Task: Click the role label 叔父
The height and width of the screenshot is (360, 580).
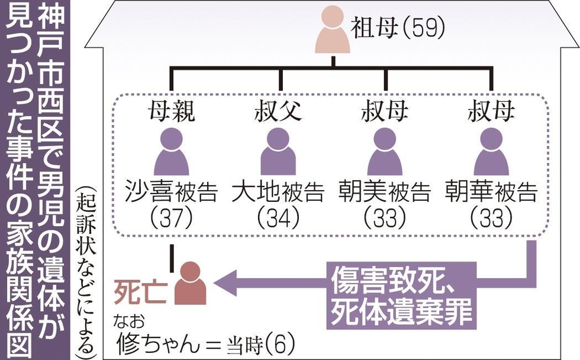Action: click(x=278, y=111)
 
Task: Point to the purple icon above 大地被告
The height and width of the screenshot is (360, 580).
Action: click(x=278, y=152)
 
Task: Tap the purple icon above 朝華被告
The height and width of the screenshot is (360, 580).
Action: click(x=491, y=152)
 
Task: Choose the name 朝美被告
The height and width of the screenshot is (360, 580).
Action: click(x=385, y=192)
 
